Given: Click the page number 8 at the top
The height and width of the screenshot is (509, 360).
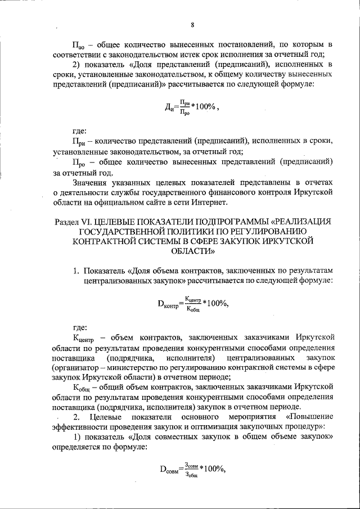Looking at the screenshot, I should [192, 24].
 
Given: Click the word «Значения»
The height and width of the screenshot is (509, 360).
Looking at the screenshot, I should [92, 182].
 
